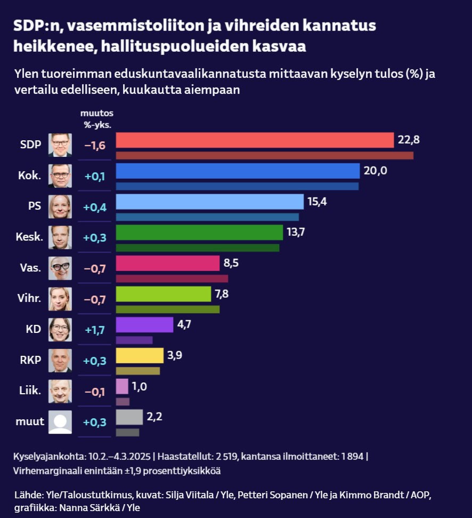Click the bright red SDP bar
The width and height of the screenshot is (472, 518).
pyautogui.click(x=255, y=140)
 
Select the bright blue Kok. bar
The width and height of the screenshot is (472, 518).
pyautogui.click(x=238, y=171)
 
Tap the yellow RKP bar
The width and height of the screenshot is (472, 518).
pyautogui.click(x=140, y=355)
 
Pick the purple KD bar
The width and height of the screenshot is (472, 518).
pyautogui.click(x=144, y=325)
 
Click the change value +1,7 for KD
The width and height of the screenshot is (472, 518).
pyautogui.click(x=95, y=330)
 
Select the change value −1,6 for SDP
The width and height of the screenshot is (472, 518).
pyautogui.click(x=95, y=145)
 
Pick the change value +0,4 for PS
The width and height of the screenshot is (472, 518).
pyautogui.click(x=95, y=207)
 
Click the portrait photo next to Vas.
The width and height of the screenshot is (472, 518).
pyautogui.click(x=60, y=268)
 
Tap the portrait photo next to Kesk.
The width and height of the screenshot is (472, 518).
pyautogui.click(x=60, y=237)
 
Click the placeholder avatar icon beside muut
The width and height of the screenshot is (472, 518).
pyautogui.click(x=60, y=422)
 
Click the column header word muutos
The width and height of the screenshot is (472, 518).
pyautogui.click(x=97, y=114)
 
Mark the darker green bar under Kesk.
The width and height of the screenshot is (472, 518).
pyautogui.click(x=197, y=248)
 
